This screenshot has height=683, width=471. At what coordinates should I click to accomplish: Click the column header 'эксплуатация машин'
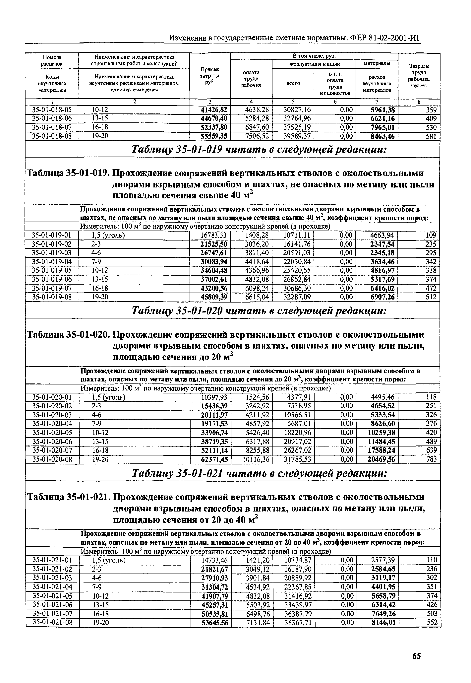tap(314, 64)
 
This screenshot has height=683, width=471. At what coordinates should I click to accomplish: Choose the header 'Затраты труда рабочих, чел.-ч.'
tap(419, 76)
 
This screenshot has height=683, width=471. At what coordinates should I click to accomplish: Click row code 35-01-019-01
tap(52, 235)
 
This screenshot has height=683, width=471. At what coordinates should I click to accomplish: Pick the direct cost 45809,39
tap(214, 297)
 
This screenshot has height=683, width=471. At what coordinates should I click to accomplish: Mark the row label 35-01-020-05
tap(52, 433)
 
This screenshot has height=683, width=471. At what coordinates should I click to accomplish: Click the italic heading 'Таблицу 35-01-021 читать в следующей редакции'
tap(259, 474)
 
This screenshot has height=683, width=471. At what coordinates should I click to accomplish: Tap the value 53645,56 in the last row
tap(214, 623)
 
